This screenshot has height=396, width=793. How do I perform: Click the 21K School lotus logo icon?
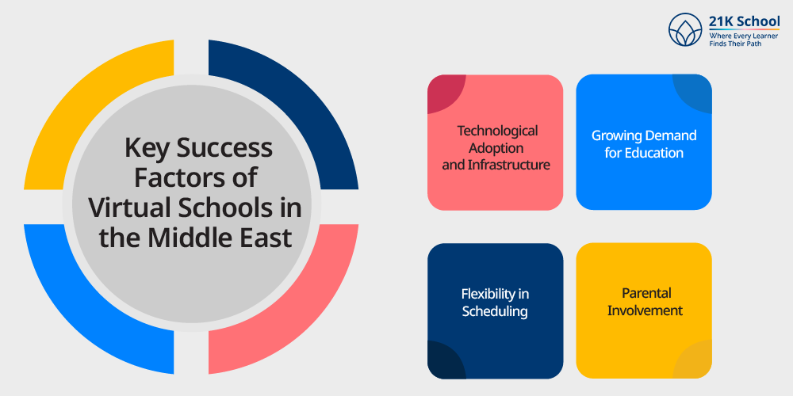pyautogui.click(x=685, y=29)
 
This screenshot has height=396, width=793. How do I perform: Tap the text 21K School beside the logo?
pyautogui.click(x=744, y=21)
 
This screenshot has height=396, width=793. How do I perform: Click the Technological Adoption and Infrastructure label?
pyautogui.click(x=496, y=147)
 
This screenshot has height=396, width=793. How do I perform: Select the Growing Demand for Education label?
pyautogui.click(x=644, y=144)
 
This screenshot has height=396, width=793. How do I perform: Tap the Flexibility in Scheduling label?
pyautogui.click(x=495, y=302)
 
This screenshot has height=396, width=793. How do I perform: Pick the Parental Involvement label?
pyautogui.click(x=645, y=302)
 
